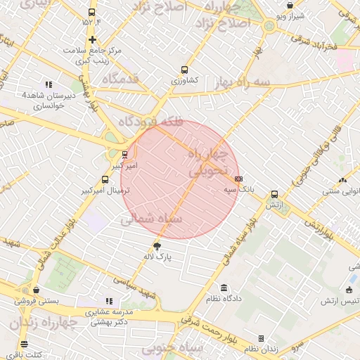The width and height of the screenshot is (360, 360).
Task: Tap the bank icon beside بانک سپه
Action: [238, 179]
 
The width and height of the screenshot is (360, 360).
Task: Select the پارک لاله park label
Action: [157, 257]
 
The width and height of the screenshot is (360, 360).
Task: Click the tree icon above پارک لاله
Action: [157, 245]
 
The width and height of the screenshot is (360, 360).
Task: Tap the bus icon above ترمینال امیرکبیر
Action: [105, 179]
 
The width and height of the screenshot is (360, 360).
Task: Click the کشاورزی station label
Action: [184, 80]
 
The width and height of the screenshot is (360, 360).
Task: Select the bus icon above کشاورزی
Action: [184, 70]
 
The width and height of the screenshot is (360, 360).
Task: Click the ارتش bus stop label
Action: [274, 204]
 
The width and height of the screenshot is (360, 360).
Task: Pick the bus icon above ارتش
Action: [274, 194]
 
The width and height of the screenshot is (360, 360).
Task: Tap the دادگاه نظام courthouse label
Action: [224, 298]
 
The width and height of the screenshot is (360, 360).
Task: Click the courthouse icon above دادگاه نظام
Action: [224, 288]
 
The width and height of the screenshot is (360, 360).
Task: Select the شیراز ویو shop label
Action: [290, 15]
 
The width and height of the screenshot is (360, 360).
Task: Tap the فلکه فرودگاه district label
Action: [150, 122]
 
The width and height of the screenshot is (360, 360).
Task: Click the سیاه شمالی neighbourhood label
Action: [151, 219]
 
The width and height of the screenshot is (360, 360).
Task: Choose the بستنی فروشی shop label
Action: [36, 301]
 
